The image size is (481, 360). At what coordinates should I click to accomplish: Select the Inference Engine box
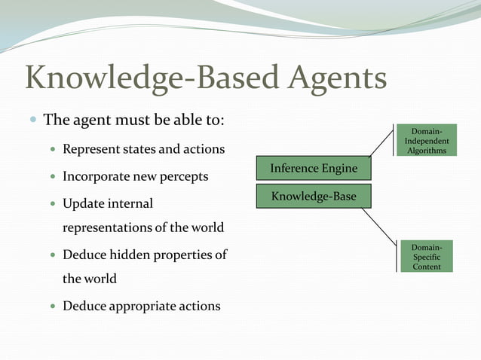(x=314, y=169)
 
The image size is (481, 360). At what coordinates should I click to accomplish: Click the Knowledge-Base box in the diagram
(x=314, y=197)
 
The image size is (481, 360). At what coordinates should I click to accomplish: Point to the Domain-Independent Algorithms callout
(x=427, y=141)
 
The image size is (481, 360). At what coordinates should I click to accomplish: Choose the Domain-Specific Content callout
(x=427, y=257)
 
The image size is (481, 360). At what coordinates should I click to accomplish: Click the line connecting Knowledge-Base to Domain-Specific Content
(x=378, y=225)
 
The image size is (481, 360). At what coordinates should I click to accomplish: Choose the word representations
(x=110, y=227)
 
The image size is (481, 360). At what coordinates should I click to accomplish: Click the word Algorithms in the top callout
(x=427, y=151)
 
